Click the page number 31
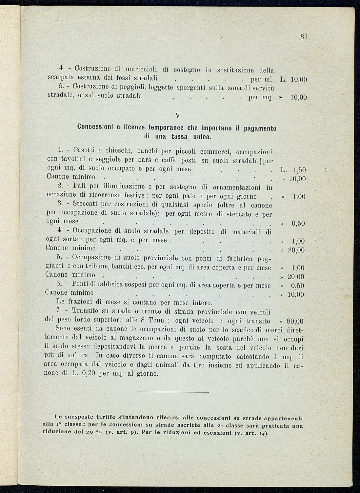point(303,37)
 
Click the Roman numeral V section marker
point(177,116)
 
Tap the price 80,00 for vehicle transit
point(295,321)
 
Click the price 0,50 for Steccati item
point(298,224)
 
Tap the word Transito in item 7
point(86,311)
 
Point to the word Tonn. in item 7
point(157,321)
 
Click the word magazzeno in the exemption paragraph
point(154,339)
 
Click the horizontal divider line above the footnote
point(173,392)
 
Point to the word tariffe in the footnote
point(104,418)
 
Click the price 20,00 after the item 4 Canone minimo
point(296,250)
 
